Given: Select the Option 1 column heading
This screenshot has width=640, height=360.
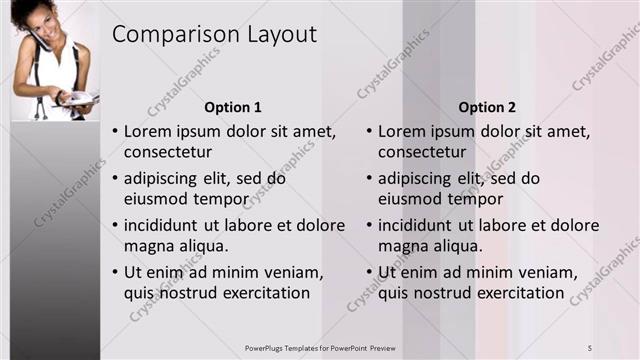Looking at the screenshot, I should point(232,107).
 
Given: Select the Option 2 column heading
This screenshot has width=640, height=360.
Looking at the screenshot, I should point(488,107).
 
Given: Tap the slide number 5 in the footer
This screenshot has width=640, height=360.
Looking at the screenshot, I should point(590,347).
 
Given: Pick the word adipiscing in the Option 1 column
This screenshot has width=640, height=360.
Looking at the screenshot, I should point(165,179).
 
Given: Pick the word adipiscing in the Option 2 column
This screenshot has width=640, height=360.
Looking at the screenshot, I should point(420,179).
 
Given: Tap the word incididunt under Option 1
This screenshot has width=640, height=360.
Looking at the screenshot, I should point(164,225).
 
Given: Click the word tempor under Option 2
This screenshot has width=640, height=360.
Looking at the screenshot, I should point(491,199).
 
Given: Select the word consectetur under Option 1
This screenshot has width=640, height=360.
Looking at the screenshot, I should point(168,152).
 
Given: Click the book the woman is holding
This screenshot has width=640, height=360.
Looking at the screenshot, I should point(78,98).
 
